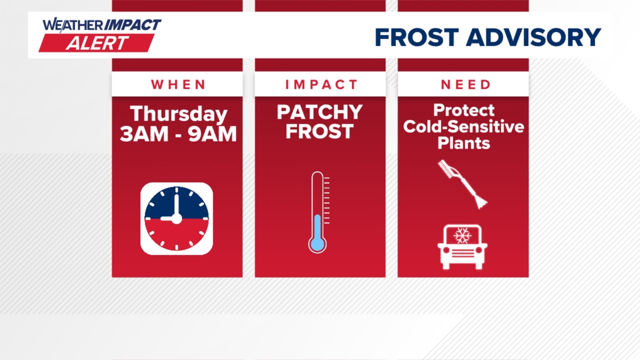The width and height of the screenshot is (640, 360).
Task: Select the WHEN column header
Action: point(177,85)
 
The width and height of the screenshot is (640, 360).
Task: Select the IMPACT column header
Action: point(321,85)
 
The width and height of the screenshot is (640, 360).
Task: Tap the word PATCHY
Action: point(320,112)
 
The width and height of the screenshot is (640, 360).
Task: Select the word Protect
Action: point(464,110)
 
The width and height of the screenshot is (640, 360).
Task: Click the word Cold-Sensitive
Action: point(464,126)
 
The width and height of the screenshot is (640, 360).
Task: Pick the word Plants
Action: point(464,143)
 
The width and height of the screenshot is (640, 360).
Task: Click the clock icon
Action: point(176,218)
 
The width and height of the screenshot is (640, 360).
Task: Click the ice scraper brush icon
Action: point(462,184)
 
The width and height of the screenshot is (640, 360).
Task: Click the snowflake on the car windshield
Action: point(463,235)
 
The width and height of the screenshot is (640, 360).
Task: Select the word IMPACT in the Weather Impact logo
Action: point(132,25)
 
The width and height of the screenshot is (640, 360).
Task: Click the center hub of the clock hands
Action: point(176,218)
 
